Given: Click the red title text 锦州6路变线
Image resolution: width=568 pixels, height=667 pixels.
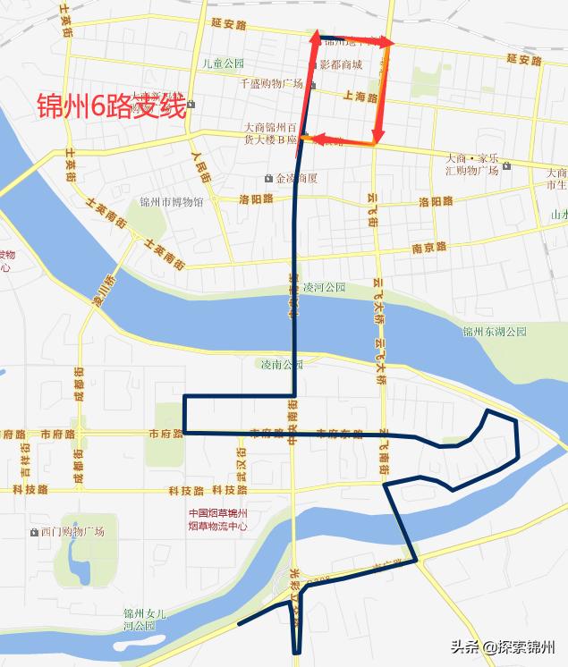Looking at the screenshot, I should [x=111, y=108].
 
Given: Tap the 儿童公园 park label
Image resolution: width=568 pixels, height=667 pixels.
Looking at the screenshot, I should [x=223, y=63].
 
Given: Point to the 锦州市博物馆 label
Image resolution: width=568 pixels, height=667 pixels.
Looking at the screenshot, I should [x=172, y=202].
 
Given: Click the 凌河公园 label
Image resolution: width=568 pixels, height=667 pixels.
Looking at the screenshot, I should [x=324, y=288].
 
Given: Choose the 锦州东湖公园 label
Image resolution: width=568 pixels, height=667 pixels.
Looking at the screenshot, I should [x=495, y=332].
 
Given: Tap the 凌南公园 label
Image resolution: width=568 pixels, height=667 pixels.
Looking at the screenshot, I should [x=282, y=364].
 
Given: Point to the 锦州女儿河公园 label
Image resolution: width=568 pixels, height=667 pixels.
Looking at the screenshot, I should [x=145, y=620].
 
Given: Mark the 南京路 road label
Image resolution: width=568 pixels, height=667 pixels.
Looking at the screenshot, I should [x=428, y=249].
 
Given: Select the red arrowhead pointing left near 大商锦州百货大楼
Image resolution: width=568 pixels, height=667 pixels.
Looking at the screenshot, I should [x=306, y=139].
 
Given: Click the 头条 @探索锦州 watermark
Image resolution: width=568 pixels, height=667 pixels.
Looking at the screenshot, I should [x=504, y=648].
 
